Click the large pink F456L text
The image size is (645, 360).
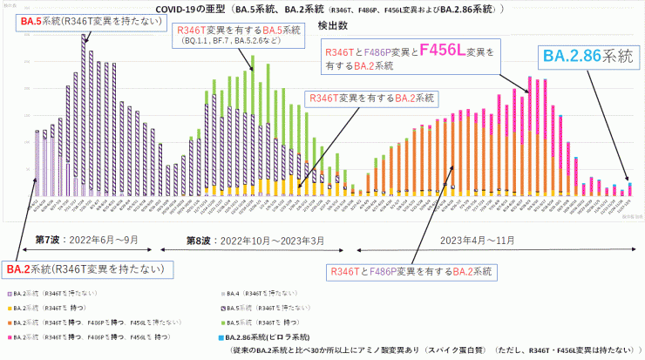451,53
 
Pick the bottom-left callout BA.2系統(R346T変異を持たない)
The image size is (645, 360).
85,268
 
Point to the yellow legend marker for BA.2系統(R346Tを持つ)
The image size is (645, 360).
9,309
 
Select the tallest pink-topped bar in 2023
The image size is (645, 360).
528,135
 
